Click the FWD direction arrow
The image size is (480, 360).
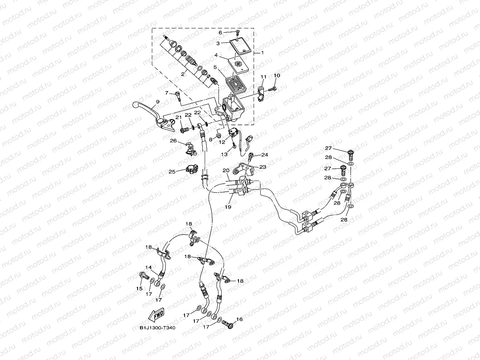(156, 315)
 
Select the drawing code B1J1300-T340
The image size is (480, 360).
(157, 328)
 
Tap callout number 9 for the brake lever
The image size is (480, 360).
(157, 102)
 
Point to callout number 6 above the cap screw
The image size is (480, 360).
(232, 32)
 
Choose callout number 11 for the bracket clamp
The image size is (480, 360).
(263, 77)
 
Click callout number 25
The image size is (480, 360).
(172, 172)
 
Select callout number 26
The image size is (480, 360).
(173, 140)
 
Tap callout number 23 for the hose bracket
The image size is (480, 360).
(262, 167)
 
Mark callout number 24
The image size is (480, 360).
(264, 155)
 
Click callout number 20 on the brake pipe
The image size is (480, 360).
(226, 171)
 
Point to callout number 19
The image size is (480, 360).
(228, 206)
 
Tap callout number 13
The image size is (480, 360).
(224, 155)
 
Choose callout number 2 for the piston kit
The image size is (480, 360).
(183, 73)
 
